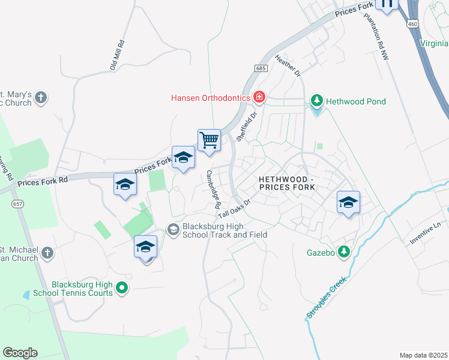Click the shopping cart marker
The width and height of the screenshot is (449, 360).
click(209, 140)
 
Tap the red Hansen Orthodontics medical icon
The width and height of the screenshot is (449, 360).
click(259, 97)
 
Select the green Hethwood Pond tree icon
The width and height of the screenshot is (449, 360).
click(316, 101)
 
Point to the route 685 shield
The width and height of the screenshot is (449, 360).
click(260, 69)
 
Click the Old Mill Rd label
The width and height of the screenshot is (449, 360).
click(117, 55)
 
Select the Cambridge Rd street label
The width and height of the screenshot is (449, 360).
click(213, 188)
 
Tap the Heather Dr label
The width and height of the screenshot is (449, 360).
click(288, 65)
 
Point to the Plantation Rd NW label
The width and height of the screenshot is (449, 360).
click(376, 38)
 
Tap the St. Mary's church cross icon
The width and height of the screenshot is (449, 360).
click(41, 97)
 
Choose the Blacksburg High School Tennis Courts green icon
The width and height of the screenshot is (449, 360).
click(122, 289)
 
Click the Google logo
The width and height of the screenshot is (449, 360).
click(20, 353)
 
